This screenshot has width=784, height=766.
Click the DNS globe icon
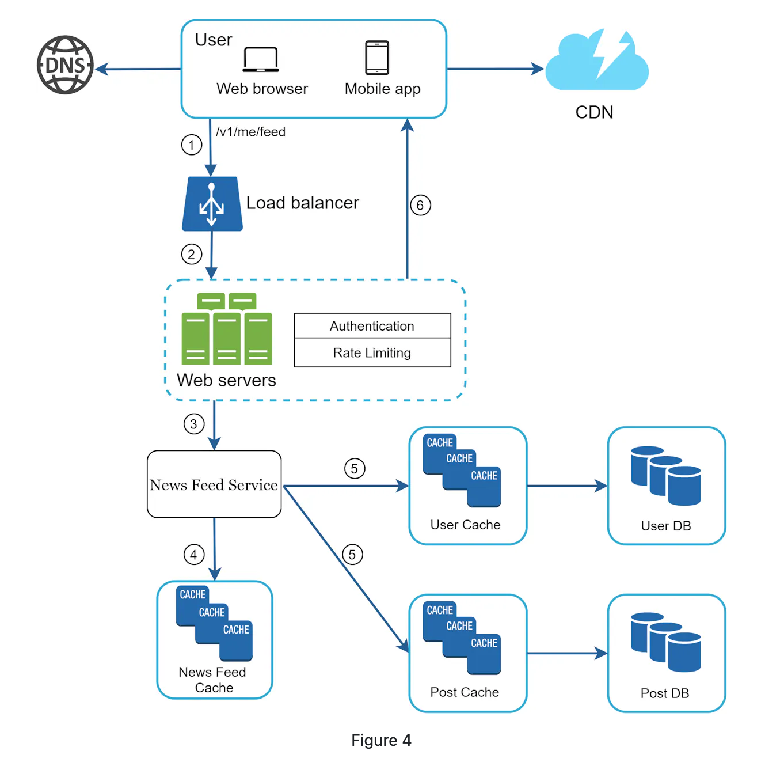click(x=65, y=65)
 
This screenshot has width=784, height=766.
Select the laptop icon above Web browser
click(x=261, y=59)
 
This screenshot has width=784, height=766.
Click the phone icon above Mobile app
click(x=377, y=58)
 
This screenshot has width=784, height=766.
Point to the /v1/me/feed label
click(x=250, y=132)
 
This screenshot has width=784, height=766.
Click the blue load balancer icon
click(x=212, y=204)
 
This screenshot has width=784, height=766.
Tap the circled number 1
click(x=192, y=145)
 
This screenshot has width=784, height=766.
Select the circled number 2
click(x=192, y=254)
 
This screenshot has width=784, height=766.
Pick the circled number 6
click(x=420, y=205)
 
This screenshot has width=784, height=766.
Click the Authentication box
click(x=372, y=326)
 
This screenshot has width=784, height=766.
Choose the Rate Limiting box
click(x=372, y=352)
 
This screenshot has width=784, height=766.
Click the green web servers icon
click(x=227, y=329)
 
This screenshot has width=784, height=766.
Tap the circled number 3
click(x=194, y=424)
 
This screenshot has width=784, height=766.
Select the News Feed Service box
click(x=214, y=484)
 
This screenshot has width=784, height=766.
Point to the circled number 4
click(x=194, y=555)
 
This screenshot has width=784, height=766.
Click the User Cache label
click(x=465, y=525)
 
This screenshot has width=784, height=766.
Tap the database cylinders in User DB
click(x=665, y=476)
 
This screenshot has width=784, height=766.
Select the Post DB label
click(x=665, y=693)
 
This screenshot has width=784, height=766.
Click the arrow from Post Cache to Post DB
click(x=567, y=653)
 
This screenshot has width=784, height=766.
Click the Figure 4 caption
click(x=381, y=740)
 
